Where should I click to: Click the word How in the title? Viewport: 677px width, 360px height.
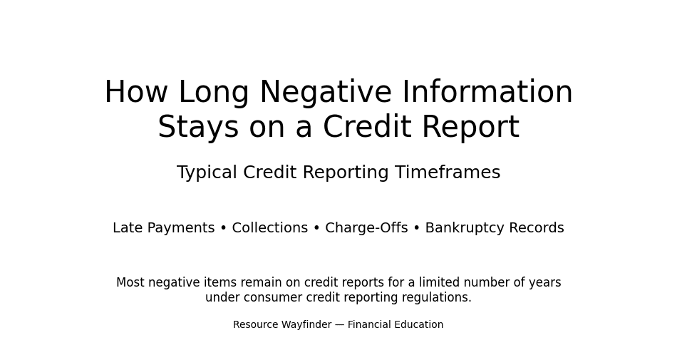(x=136, y=93)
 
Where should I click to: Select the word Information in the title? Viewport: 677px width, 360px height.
(x=487, y=93)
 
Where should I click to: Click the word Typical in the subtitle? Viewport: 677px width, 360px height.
(x=207, y=173)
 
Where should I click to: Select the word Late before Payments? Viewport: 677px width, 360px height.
(x=128, y=228)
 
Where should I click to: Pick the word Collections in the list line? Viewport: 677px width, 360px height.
(x=270, y=228)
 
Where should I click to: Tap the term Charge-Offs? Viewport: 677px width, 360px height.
(x=366, y=228)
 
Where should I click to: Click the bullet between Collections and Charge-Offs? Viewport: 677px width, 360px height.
(x=316, y=229)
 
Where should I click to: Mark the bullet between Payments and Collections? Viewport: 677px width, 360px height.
(x=223, y=229)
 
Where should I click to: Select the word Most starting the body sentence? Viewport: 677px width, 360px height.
(x=130, y=283)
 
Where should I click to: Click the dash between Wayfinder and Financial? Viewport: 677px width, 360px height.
(x=340, y=325)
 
